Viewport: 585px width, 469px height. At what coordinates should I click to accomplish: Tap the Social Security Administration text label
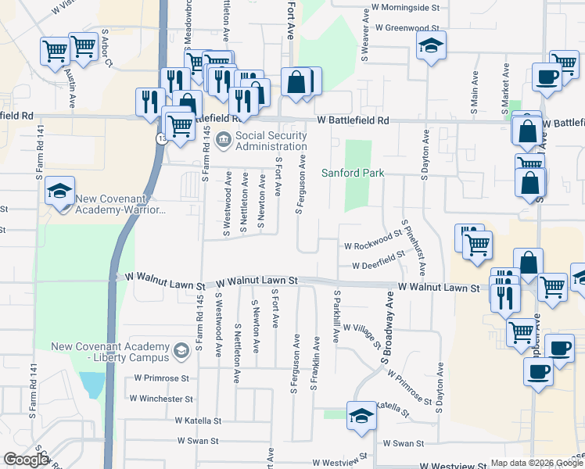(271, 141)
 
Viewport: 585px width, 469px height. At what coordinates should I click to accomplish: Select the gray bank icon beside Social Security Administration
(223, 141)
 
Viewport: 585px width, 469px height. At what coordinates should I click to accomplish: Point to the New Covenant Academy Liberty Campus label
(110, 352)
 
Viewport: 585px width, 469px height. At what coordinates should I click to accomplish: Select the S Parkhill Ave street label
(337, 317)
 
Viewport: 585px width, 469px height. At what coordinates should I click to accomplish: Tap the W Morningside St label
(406, 7)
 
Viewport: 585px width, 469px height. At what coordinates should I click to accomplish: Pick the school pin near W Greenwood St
(431, 46)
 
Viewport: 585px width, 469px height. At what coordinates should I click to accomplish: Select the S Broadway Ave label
(387, 328)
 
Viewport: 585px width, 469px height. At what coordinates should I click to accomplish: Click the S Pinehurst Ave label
(414, 248)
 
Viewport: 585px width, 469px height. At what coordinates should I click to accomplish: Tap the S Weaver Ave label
(364, 35)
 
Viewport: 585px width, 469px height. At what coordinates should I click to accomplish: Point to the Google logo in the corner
(25, 460)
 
